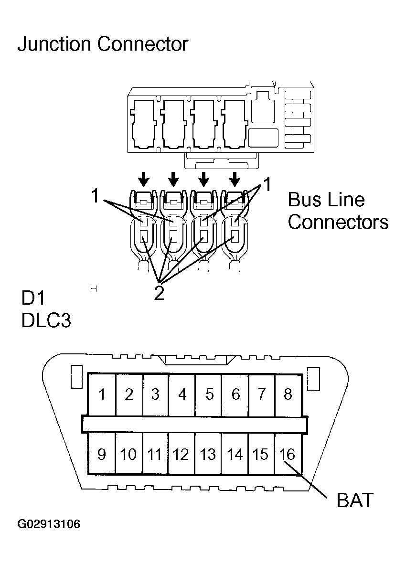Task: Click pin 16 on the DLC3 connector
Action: point(288,454)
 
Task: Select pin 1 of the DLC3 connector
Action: point(102,394)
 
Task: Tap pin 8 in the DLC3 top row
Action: point(288,394)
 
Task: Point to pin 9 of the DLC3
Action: point(102,454)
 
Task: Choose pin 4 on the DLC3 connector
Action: point(182,394)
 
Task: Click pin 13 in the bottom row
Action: point(208,454)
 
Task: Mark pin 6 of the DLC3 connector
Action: point(235,394)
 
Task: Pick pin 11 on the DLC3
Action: point(154,454)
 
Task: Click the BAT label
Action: point(354,500)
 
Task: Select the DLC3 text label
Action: point(46,320)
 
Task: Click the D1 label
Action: point(33,298)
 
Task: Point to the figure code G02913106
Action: point(49,524)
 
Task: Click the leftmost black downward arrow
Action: point(143,179)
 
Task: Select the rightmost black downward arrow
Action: point(234,179)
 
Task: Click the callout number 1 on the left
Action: point(96,196)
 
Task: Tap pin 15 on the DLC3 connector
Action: point(261,454)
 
